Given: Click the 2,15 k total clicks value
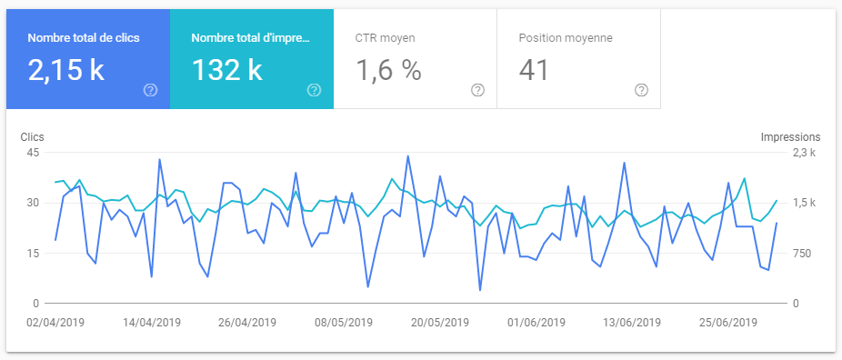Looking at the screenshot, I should tap(66, 71).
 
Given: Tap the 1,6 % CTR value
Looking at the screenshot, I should tap(388, 71).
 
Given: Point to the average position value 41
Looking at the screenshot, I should tap(534, 71).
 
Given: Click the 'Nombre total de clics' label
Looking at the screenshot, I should tap(84, 39).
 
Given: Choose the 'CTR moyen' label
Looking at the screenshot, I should tap(385, 39).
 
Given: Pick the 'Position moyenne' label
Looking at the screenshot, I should tap(565, 39).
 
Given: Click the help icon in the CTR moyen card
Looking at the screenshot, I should tap(477, 90).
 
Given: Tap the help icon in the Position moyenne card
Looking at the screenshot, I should tap(641, 90).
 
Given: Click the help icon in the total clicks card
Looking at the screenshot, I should tap(150, 90).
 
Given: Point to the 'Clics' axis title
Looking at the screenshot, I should tap(33, 136).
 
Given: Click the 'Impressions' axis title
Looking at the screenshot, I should tap(790, 136).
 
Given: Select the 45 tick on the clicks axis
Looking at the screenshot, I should tap(31, 153).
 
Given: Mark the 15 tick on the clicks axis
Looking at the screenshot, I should tap(31, 253).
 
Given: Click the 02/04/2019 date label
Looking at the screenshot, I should tap(55, 322).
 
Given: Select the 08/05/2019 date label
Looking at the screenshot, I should tap(343, 322).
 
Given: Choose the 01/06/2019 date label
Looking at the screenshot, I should tap(535, 322).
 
